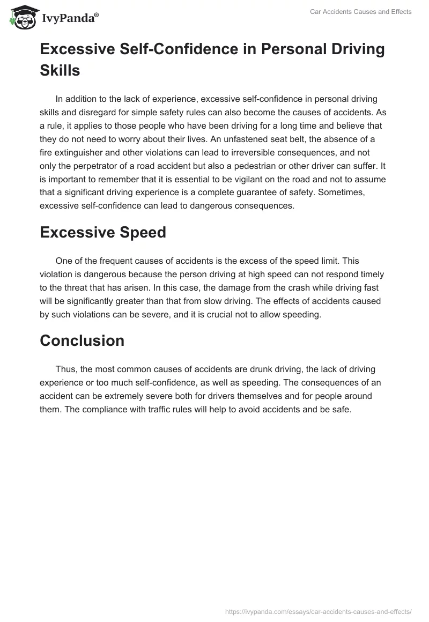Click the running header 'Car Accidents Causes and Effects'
tap(361, 12)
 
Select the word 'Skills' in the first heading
tap(60, 70)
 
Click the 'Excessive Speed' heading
tap(103, 232)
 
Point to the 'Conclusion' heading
tap(82, 340)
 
